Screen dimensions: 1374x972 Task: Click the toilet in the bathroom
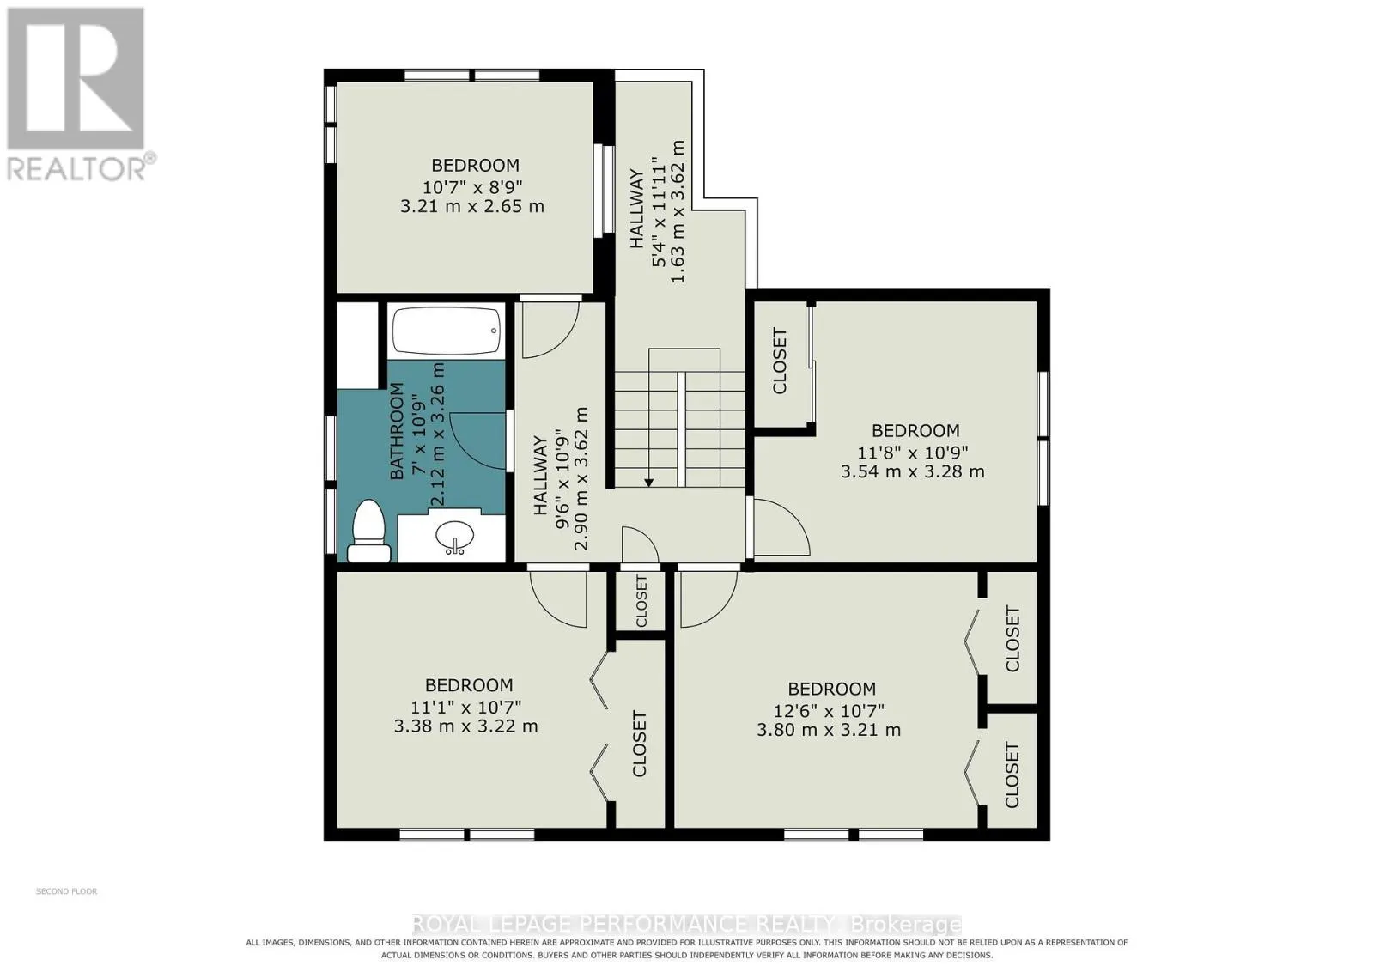click(368, 532)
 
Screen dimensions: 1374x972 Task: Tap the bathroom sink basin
click(454, 537)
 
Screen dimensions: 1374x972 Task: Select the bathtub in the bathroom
click(446, 331)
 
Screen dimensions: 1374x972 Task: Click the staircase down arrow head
click(648, 483)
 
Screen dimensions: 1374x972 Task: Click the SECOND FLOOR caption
click(67, 891)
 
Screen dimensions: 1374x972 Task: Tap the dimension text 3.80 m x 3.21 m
click(829, 731)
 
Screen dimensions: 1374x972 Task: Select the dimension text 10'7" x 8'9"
click(472, 185)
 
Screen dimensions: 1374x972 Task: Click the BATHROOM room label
click(398, 430)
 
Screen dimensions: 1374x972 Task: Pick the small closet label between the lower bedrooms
click(641, 600)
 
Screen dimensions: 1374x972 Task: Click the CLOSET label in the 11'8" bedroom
click(780, 361)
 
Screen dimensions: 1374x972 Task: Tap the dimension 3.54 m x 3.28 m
click(913, 471)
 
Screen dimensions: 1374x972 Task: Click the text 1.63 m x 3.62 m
click(678, 211)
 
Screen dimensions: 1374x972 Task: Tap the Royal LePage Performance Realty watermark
click(687, 924)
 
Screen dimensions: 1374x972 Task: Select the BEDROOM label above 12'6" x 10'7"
click(832, 689)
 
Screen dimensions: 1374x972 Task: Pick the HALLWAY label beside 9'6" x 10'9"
click(540, 476)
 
